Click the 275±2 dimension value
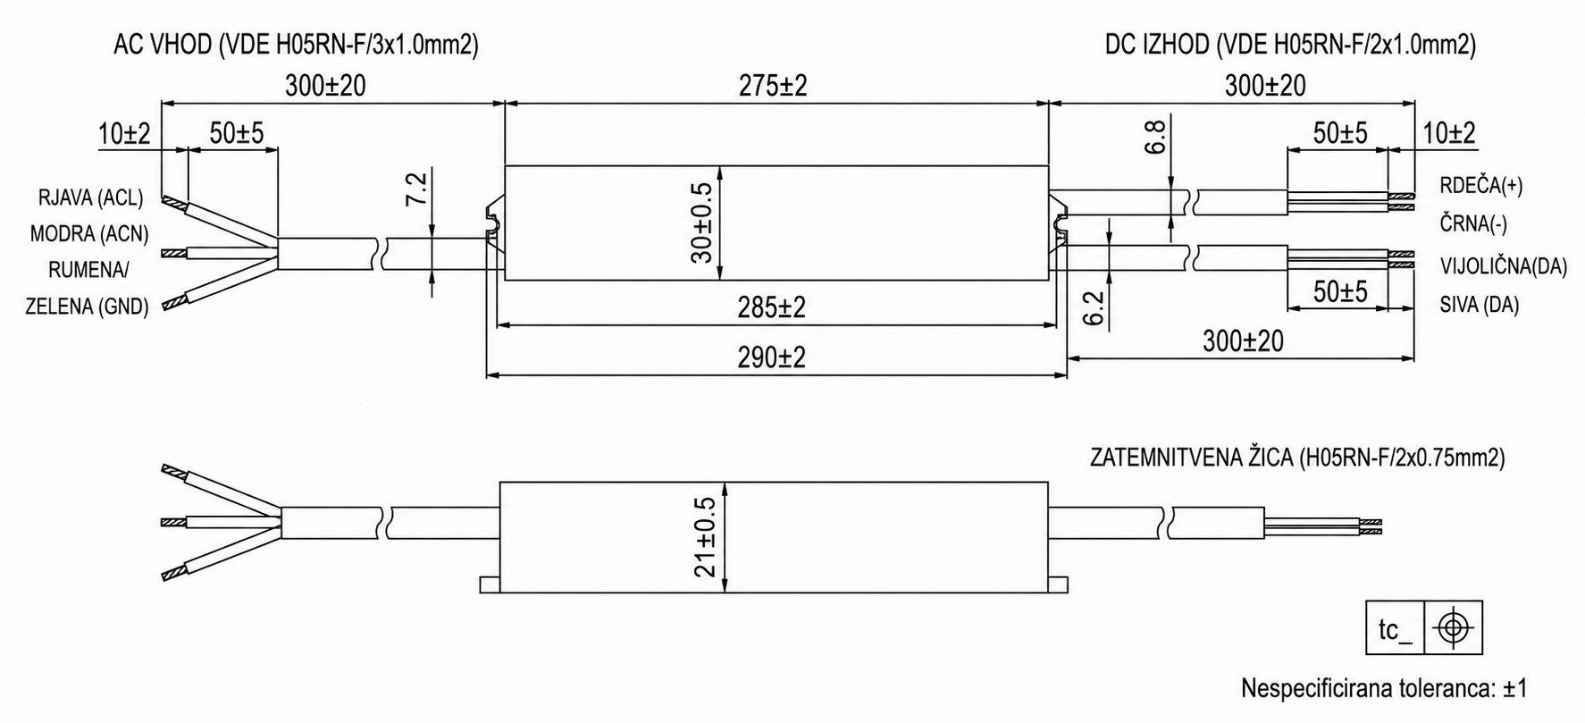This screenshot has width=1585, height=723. pos(773,86)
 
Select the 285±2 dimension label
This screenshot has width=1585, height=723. pos(772,307)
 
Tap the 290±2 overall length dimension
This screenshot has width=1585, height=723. pos(772,357)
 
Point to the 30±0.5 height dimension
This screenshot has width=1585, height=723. pos(701,223)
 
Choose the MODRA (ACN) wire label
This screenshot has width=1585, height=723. pos(88,234)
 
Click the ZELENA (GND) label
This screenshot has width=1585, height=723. pos(87,306)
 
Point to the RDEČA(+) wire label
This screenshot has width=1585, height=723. pos(1481,186)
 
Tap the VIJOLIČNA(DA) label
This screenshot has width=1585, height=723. pos(1504,266)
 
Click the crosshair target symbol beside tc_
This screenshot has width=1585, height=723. pos(1454,629)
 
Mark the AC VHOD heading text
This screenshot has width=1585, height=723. pos(162,46)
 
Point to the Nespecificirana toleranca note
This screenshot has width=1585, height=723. pos(1384,689)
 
